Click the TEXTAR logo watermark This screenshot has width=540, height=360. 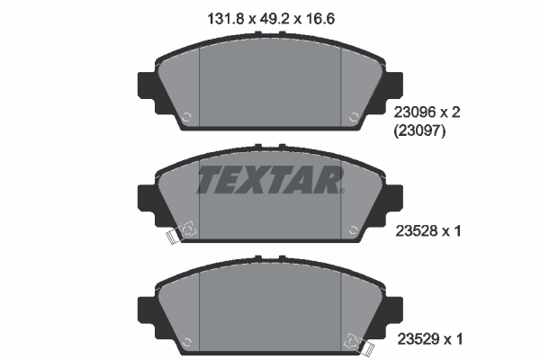pyautogui.click(x=269, y=181)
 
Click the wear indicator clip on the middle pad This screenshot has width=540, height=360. pyautogui.click(x=184, y=231)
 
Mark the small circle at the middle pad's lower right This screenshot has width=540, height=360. pyautogui.click(x=354, y=229)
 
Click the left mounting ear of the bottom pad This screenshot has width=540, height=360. pyautogui.click(x=144, y=306)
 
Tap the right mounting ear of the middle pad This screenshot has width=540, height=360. pyautogui.click(x=395, y=196)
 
